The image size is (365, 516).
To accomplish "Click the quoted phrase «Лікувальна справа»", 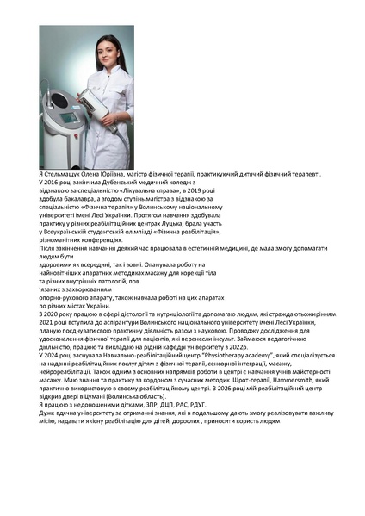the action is [142, 191].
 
